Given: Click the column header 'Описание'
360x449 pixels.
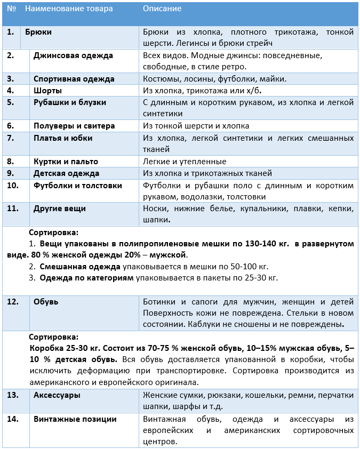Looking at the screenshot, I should tap(162, 9).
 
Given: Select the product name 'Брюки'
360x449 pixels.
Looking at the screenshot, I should tap(38, 32).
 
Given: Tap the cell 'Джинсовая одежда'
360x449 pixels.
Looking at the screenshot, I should tap(73, 55).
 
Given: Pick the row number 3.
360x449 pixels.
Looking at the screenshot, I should tap(10, 79).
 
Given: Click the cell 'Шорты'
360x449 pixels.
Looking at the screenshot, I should tap(47, 91).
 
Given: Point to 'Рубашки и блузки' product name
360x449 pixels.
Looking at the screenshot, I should tap(70, 102).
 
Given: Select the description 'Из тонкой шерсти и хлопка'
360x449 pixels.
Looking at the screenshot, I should tap(196, 126).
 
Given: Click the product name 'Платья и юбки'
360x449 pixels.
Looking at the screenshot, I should tap(63, 138).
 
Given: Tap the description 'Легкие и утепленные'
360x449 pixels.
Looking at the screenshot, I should tap(185, 161).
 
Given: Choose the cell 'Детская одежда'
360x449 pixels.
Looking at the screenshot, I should tap(66, 173).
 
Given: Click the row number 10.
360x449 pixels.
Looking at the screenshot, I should tap(13, 186).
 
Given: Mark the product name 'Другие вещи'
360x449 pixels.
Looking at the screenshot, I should tap(60, 209).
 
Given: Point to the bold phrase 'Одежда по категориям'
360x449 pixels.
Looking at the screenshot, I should tap(87, 278).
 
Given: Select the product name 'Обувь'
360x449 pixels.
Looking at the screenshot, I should tap(46, 302).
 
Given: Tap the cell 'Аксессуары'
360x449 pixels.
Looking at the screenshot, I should tap(57, 395).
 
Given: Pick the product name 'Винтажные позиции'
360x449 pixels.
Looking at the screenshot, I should tap(75, 419).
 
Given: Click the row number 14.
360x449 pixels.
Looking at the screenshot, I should tap(13, 419).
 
